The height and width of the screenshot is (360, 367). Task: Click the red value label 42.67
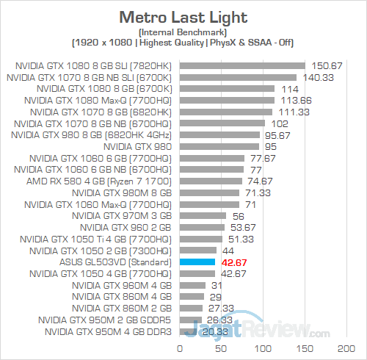234,262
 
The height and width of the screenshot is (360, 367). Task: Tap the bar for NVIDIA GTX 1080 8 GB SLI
241,65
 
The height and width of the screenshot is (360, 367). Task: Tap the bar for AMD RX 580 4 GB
210,181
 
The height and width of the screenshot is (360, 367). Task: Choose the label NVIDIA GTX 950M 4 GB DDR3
108,332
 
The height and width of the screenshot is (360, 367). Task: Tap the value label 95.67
277,134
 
